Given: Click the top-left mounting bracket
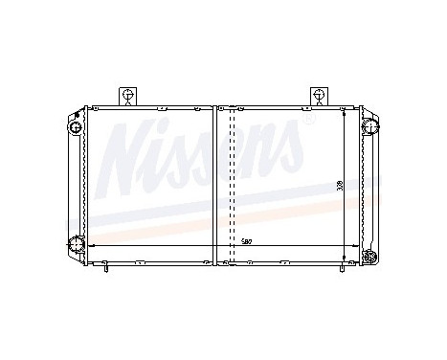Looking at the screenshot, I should click(126, 95).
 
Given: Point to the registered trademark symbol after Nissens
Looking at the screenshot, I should click(307, 123).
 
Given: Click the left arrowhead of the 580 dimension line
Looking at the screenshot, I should click(91, 247).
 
